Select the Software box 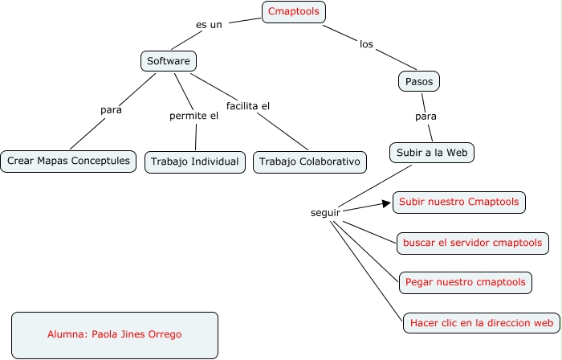[x=168, y=61]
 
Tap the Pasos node [x=419, y=81]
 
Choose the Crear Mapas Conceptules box [x=68, y=161]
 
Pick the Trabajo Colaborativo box [x=310, y=162]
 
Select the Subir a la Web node [x=432, y=152]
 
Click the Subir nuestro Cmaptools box [x=459, y=202]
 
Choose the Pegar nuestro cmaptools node [x=466, y=282]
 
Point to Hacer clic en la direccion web [x=481, y=323]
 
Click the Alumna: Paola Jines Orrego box [x=115, y=334]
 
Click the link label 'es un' [x=209, y=25]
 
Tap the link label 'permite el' [x=193, y=116]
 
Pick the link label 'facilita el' [x=248, y=105]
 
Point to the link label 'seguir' [x=325, y=213]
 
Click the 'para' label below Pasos [x=426, y=117]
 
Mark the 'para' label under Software [x=112, y=110]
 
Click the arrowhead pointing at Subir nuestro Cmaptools [x=387, y=202]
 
